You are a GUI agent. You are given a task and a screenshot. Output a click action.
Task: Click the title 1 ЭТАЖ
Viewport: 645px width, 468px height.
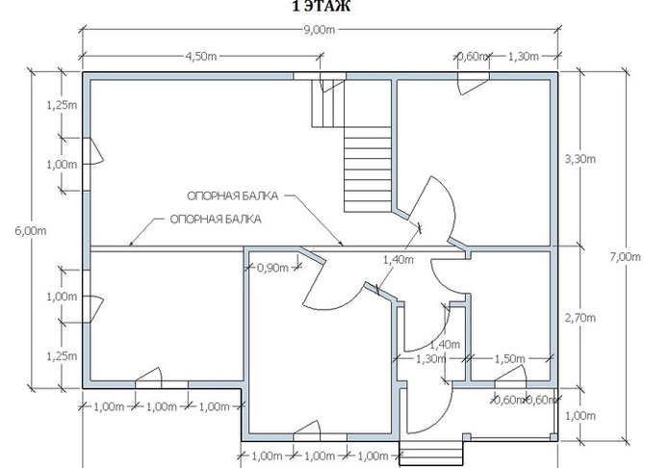322,6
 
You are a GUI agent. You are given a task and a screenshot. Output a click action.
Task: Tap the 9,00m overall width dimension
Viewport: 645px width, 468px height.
320,30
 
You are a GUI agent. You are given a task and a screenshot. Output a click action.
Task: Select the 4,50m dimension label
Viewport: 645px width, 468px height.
201,56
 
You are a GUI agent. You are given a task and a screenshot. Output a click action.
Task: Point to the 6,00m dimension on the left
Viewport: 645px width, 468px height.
31,231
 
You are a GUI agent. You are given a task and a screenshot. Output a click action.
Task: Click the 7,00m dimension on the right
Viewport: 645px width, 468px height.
625,257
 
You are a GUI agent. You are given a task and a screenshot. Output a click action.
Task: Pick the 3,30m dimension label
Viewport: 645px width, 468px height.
580,159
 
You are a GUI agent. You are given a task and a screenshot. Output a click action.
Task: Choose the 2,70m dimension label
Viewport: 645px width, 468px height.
580,318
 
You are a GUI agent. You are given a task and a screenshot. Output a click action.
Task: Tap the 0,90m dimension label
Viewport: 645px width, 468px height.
273,268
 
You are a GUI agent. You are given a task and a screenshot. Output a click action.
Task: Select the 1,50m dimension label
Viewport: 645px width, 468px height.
509,359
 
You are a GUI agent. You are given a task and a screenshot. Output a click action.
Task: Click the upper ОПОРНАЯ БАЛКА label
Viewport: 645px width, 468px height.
233,195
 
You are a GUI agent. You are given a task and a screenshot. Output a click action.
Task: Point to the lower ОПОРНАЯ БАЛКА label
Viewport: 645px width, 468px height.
216,219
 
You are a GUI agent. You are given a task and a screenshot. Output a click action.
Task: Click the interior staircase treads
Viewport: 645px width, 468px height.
368,169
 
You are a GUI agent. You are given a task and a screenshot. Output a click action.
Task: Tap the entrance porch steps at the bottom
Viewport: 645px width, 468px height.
432,455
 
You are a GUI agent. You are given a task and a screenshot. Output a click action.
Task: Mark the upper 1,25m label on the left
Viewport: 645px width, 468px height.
62,105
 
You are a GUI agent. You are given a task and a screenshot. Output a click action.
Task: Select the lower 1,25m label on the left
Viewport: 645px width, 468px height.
62,356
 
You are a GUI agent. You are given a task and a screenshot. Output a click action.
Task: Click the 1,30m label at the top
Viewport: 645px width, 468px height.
524,57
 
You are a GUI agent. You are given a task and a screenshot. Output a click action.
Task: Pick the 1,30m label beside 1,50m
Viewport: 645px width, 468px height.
430,359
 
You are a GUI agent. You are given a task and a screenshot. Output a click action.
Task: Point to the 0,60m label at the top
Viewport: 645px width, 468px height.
473,57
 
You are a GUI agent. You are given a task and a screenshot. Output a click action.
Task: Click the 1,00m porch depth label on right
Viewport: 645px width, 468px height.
580,416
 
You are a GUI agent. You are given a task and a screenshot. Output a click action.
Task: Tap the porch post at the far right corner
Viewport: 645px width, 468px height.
554,437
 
